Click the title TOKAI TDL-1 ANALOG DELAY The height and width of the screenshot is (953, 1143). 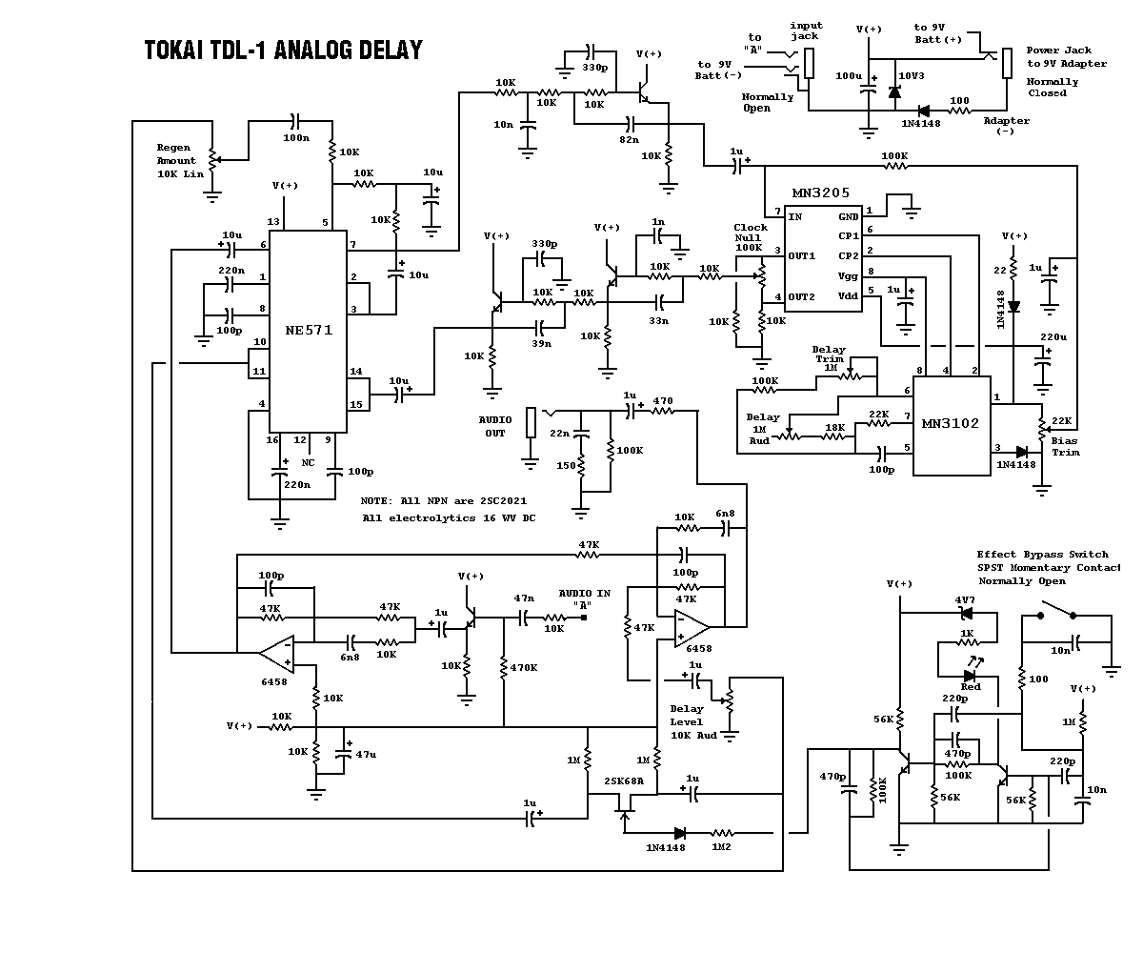(283, 51)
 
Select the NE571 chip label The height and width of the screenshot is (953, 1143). (309, 330)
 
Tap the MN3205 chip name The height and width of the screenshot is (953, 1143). (819, 193)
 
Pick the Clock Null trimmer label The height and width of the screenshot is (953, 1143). (751, 237)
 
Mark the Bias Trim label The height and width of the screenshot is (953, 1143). (1065, 446)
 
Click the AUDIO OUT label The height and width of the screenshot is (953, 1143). (495, 426)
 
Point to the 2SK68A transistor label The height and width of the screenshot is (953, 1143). (624, 781)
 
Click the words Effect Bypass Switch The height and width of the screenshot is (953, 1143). (1042, 554)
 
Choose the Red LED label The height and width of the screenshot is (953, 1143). (971, 686)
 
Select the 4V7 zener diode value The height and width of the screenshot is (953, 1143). (965, 600)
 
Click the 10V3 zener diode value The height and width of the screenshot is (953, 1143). (912, 73)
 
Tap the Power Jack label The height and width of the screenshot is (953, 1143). (1058, 51)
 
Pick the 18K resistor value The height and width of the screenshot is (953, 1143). (834, 428)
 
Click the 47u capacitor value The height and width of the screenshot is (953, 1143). (366, 754)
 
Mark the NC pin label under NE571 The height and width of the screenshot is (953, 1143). (308, 462)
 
